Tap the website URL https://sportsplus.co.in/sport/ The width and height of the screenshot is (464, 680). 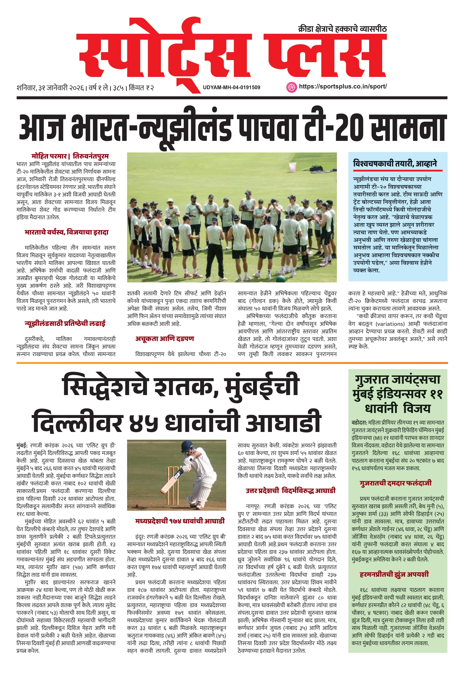click(x=343, y=87)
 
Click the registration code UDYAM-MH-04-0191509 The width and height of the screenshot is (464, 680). click(x=231, y=87)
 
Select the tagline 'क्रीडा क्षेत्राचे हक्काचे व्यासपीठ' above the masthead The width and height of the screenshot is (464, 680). click(x=342, y=29)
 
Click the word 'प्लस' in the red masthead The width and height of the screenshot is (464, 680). click(x=324, y=56)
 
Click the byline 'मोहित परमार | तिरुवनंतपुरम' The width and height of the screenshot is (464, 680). click(x=70, y=156)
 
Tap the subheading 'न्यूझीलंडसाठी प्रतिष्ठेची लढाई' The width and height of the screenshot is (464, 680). click(x=65, y=323)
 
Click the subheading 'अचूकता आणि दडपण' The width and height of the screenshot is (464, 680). click(x=164, y=339)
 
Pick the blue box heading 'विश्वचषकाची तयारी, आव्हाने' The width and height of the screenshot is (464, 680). click(x=395, y=163)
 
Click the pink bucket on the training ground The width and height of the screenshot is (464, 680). click(x=292, y=167)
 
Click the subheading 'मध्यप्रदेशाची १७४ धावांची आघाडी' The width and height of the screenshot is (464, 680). click(x=180, y=521)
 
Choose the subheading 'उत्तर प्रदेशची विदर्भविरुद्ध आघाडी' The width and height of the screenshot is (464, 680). click(x=290, y=491)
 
